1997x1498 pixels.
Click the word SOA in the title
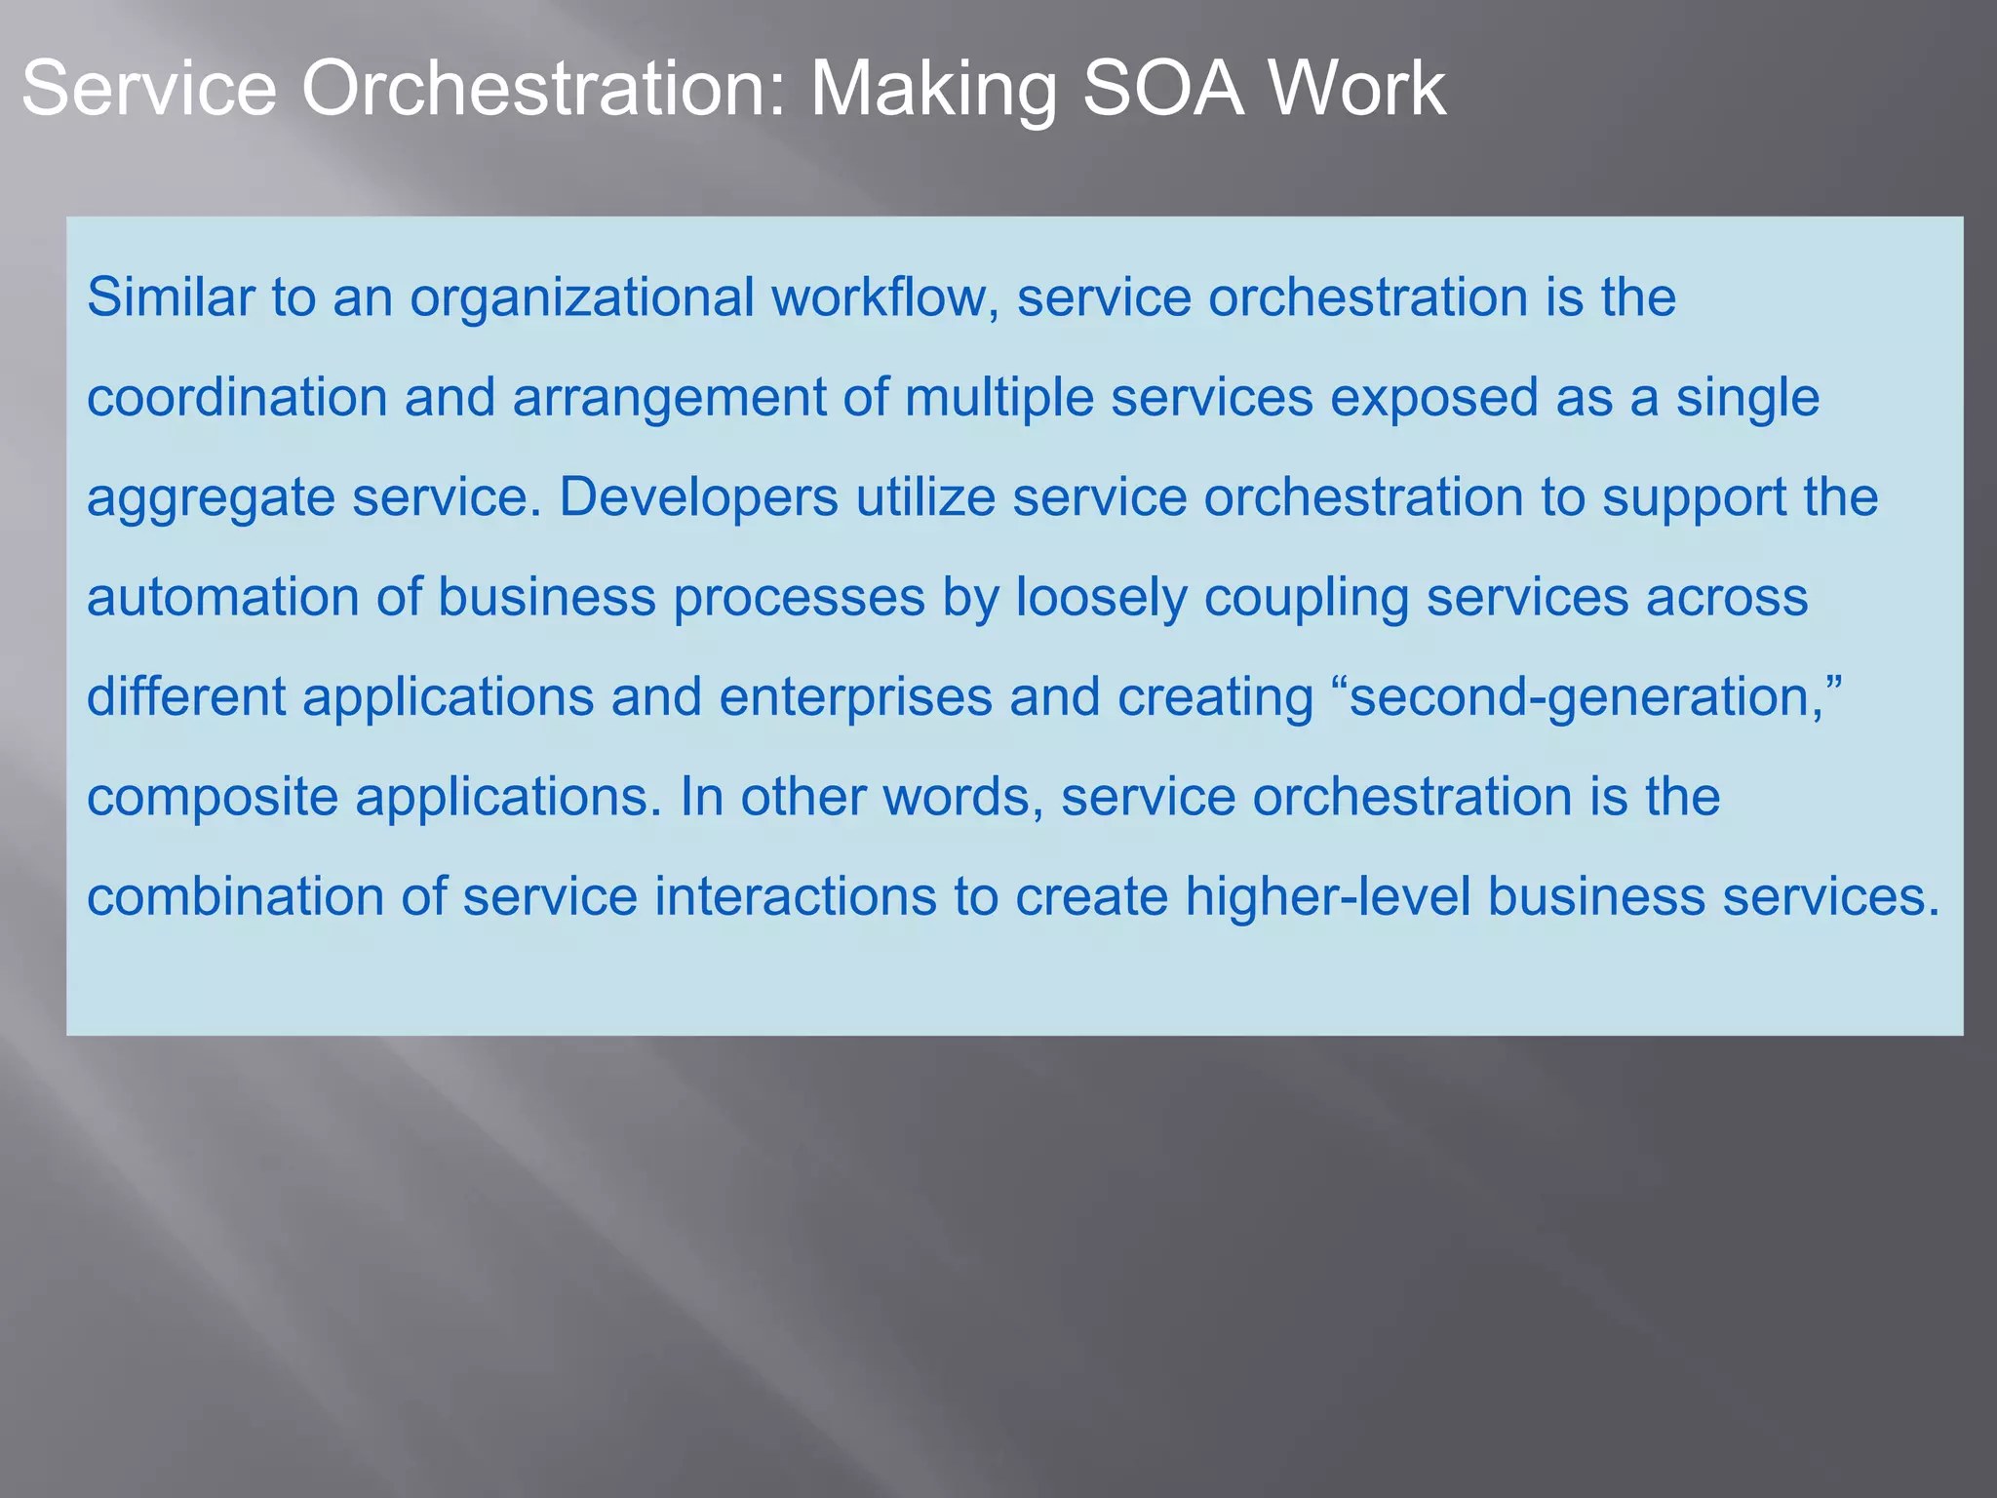tap(1162, 90)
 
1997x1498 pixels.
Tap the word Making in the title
tap(933, 90)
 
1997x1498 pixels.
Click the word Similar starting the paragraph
tap(171, 296)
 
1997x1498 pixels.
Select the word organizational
tap(581, 298)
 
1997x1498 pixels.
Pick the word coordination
tap(237, 398)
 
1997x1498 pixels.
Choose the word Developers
tap(698, 497)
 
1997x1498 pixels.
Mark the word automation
tap(223, 597)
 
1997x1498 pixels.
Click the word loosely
tap(1101, 599)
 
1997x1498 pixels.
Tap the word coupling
tap(1307, 599)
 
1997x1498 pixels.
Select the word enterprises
tap(855, 698)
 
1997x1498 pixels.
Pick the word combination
tap(235, 896)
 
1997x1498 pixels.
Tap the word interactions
tap(795, 896)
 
